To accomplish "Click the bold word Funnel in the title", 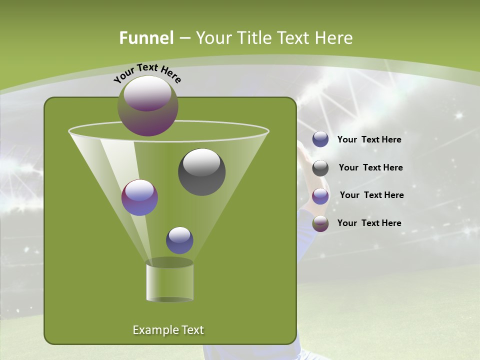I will [146, 38].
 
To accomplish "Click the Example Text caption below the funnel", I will [168, 330].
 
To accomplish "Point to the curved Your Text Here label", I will [147, 72].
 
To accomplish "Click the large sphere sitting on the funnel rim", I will [148, 105].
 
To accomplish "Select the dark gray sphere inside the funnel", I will [201, 172].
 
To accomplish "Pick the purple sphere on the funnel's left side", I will [139, 197].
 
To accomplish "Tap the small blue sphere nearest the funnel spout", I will [179, 240].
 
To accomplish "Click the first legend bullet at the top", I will [320, 139].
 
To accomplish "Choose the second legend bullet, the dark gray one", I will [320, 168].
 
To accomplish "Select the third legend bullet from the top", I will [320, 196].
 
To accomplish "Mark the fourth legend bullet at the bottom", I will [320, 223].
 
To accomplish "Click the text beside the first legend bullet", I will [369, 140].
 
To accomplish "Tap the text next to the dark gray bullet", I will [370, 168].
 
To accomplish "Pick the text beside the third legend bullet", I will [371, 195].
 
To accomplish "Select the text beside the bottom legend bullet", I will [369, 223].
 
